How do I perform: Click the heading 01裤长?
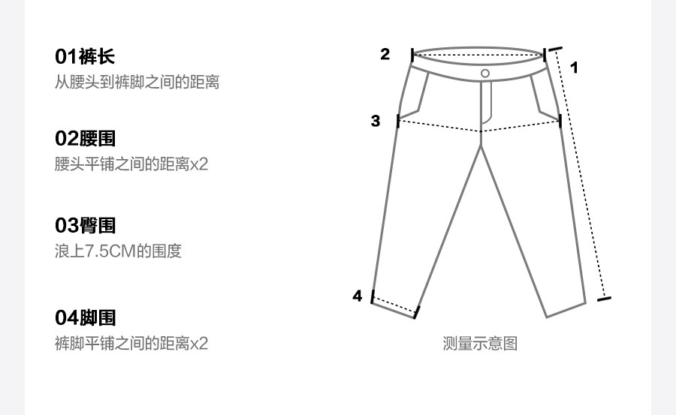[x=85, y=56]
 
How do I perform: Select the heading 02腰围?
[x=85, y=138]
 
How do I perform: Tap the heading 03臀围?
[x=85, y=225]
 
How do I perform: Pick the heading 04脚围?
[x=85, y=318]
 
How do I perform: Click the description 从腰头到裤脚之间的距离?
[x=137, y=82]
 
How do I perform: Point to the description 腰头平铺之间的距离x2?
[x=131, y=164]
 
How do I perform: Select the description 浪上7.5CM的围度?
[x=118, y=251]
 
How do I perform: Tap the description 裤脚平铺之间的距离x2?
[x=131, y=344]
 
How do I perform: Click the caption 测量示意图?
[x=480, y=344]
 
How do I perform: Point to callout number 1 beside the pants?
[x=575, y=68]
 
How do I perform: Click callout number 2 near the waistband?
[x=385, y=54]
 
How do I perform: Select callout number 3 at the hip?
[x=376, y=120]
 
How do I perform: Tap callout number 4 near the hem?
[x=358, y=296]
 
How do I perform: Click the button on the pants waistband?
[x=485, y=73]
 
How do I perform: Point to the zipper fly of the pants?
[x=486, y=101]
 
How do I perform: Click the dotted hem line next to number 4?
[x=394, y=305]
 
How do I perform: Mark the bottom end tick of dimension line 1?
[x=603, y=299]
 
